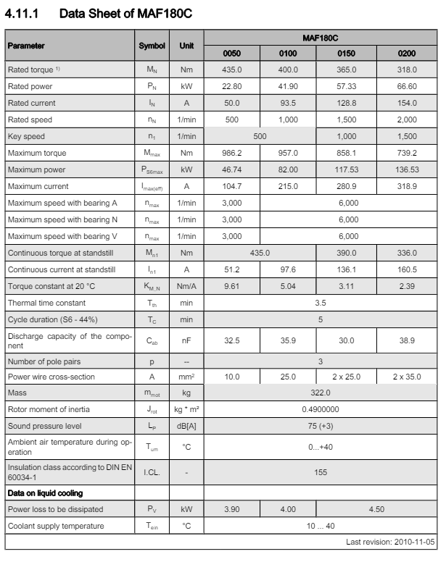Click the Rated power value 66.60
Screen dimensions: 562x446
(407, 86)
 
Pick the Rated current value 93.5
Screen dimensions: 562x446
(288, 103)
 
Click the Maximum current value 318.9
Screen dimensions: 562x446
(407, 186)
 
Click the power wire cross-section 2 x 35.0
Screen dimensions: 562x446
(407, 377)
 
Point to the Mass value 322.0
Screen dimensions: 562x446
(321, 393)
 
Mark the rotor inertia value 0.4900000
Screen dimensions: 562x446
(321, 410)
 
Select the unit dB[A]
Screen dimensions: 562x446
(186, 427)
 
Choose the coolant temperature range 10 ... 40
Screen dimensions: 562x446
(321, 526)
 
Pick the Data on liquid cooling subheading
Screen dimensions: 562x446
(46, 492)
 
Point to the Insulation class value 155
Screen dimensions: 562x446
(321, 471)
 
